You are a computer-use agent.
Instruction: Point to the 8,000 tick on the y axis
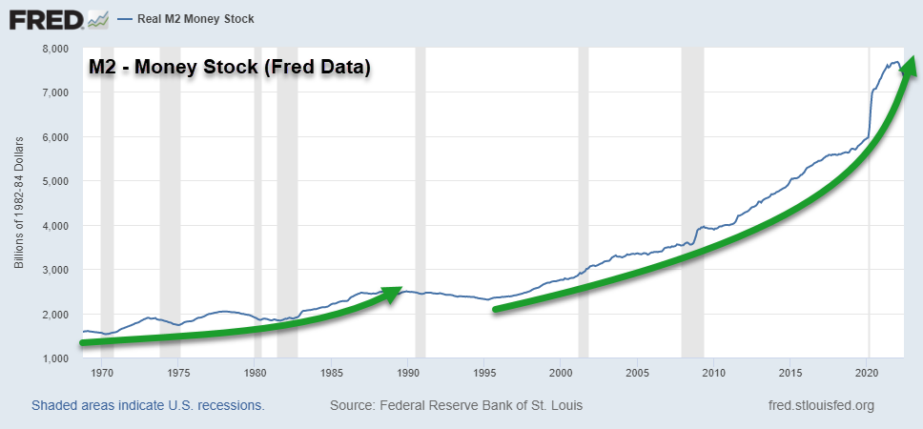point(56,48)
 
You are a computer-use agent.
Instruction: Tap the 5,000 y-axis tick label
point(56,181)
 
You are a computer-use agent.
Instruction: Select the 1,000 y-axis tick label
point(56,358)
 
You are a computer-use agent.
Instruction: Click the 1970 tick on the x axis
point(102,373)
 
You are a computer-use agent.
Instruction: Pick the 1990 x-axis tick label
point(408,373)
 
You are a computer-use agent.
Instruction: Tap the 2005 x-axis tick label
point(638,373)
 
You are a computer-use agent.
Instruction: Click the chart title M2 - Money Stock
point(229,68)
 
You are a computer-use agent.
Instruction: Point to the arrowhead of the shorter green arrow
point(392,293)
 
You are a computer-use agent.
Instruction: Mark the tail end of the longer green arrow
point(496,308)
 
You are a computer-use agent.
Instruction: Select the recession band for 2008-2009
point(692,200)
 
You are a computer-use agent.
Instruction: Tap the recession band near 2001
point(584,200)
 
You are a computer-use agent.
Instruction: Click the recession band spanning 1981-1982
point(287,200)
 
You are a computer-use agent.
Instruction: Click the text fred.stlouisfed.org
point(820,405)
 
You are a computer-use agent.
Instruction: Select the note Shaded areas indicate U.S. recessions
point(148,405)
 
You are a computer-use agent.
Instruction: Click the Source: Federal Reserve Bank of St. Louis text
point(456,405)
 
